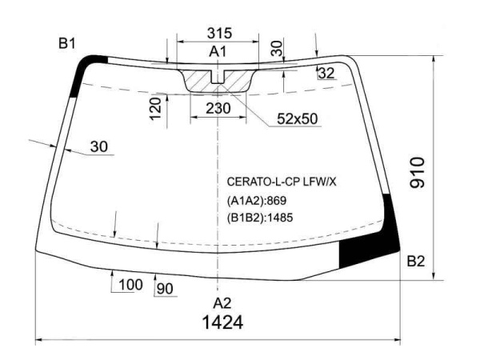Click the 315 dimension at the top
point(219,33)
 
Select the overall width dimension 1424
point(223,322)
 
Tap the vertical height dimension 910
point(418,172)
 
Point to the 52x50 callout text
point(298,118)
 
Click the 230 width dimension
point(218,108)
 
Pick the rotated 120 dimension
point(156,109)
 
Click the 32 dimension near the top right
point(326,73)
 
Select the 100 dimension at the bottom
point(130,285)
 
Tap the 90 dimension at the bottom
point(165,288)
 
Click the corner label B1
point(66,44)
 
